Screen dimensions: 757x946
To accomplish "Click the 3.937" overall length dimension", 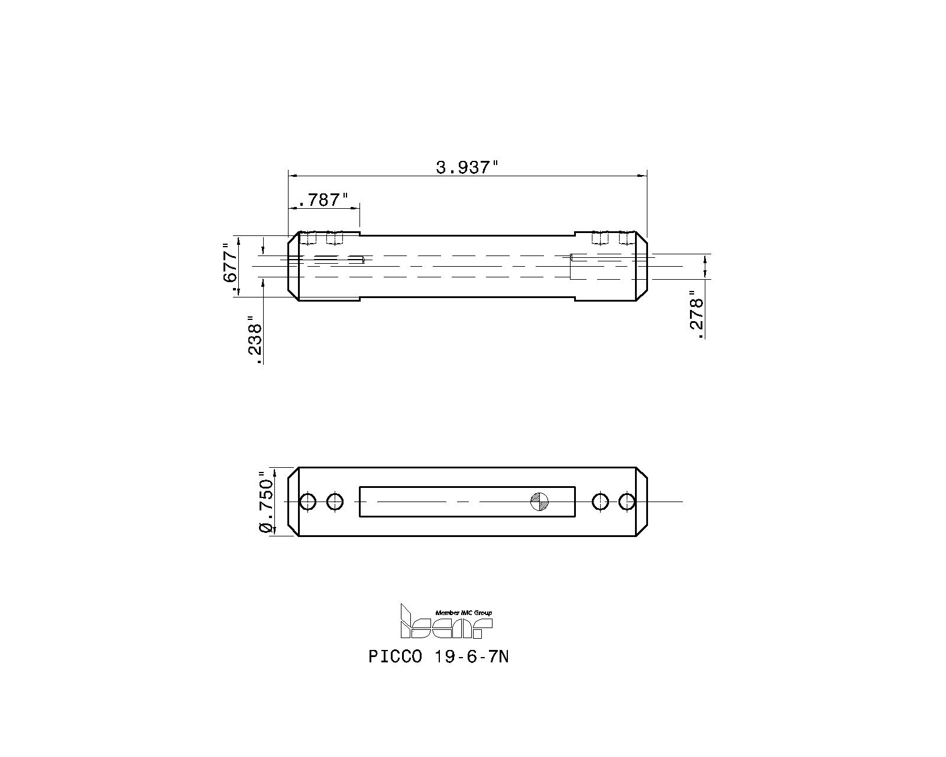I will pyautogui.click(x=464, y=167).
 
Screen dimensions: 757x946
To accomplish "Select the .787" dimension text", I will pyautogui.click(x=323, y=200).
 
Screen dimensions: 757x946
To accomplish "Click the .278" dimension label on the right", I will pyautogui.click(x=697, y=315).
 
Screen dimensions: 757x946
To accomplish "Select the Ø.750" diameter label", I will pyautogui.click(x=267, y=502).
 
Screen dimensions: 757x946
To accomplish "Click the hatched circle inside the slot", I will pyautogui.click(x=539, y=502).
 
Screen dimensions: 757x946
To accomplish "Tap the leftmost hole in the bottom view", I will pyautogui.click(x=307, y=502).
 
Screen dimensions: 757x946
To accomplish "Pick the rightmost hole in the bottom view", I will pyautogui.click(x=627, y=502).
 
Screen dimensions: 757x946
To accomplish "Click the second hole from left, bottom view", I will pyautogui.click(x=335, y=502).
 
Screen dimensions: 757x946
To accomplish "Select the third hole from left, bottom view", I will pyautogui.click(x=600, y=502).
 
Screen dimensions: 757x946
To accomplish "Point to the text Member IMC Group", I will pyautogui.click(x=463, y=613).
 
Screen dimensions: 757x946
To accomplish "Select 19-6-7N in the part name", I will pyautogui.click(x=471, y=657).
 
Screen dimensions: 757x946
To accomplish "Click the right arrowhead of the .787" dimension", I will pyautogui.click(x=356, y=208).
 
